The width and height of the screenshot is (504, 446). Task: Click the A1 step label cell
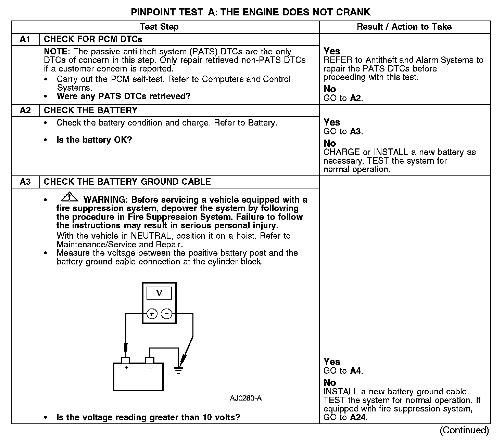25,39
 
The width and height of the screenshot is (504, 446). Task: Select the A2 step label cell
25,110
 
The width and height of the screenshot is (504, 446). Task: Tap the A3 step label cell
25,182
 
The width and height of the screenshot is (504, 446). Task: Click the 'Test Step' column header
159,27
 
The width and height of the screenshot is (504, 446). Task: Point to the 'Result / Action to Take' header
404,27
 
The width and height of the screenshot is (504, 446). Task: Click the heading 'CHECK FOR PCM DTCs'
93,39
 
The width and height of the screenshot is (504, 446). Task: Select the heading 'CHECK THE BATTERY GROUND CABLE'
127,182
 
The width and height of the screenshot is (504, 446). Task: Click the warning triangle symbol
69,197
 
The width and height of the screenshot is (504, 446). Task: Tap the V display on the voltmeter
159,293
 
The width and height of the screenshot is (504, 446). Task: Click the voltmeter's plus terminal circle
152,314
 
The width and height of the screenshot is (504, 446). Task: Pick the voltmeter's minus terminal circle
167,314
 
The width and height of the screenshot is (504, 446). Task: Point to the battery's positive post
126,360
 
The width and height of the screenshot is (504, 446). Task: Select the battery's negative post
150,360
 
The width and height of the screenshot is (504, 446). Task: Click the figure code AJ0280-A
246,398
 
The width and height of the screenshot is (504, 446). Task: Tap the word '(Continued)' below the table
465,430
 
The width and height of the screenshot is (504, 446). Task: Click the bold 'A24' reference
358,417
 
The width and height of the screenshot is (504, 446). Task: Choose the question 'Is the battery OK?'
94,140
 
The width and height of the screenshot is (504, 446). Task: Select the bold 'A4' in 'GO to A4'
356,371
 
